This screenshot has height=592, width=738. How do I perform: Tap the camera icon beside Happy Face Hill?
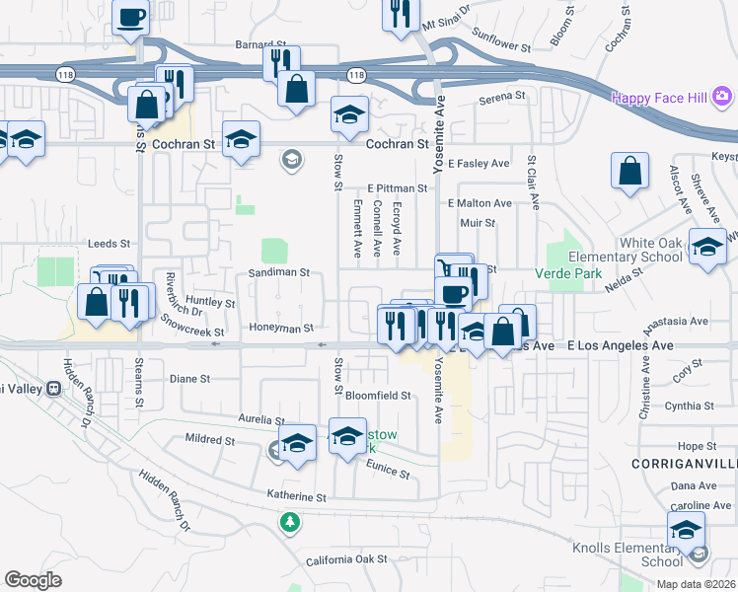pos(723,97)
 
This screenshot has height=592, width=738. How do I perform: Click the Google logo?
pos(33,579)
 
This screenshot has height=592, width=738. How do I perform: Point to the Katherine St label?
pos(295,496)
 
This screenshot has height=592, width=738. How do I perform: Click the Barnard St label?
pos(259,44)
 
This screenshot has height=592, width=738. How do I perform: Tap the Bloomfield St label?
pos(378,395)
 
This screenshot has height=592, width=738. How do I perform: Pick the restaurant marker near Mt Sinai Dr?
pos(401,15)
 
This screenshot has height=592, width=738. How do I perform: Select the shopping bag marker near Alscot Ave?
pos(629,172)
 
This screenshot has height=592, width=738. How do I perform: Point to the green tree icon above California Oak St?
pos(290,521)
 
